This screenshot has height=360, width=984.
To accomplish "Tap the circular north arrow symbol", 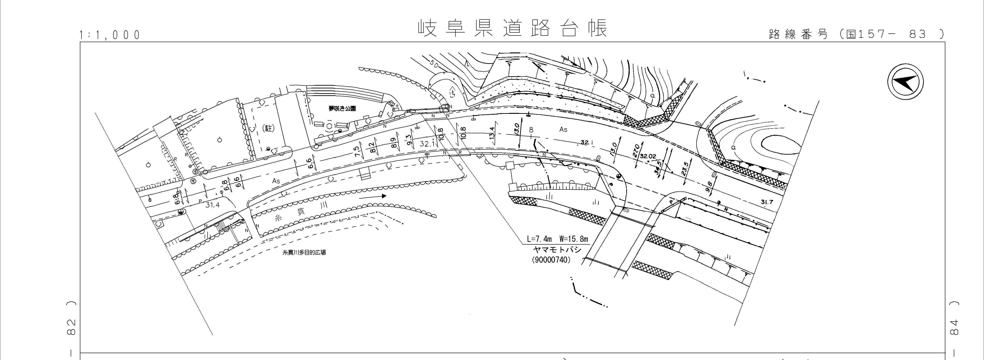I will [905, 82].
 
